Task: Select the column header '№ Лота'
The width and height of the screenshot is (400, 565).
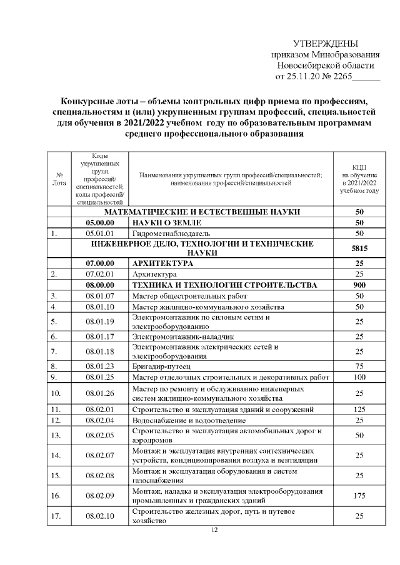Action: coord(58,179)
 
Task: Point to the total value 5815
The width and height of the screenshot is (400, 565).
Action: coord(359,248)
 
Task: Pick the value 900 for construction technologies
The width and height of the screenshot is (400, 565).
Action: coord(359,285)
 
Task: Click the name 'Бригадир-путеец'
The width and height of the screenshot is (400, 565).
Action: coord(161,366)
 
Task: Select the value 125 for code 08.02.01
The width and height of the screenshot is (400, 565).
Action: coord(359,410)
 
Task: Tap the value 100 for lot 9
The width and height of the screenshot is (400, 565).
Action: coord(359,377)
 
